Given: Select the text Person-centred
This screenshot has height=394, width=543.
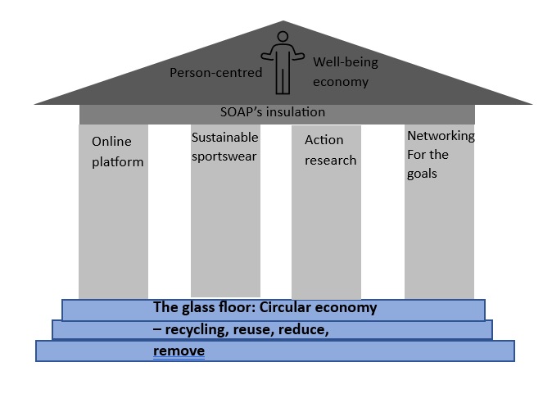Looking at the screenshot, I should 215,73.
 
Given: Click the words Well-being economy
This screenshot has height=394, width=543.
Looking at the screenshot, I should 341,71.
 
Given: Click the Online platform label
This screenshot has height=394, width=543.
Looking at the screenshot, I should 117,151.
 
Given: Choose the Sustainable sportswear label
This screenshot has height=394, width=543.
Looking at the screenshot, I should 224,146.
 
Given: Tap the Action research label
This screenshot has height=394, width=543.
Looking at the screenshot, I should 330,150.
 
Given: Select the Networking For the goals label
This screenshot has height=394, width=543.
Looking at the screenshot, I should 441,153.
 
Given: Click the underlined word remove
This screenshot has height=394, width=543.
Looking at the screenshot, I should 179,351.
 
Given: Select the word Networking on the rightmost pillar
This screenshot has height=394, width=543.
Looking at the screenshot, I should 441,136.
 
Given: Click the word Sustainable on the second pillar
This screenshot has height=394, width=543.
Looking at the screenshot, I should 224,137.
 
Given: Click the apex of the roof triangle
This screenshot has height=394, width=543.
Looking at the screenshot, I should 283,22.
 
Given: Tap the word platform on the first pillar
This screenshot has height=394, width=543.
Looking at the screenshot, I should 117,161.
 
